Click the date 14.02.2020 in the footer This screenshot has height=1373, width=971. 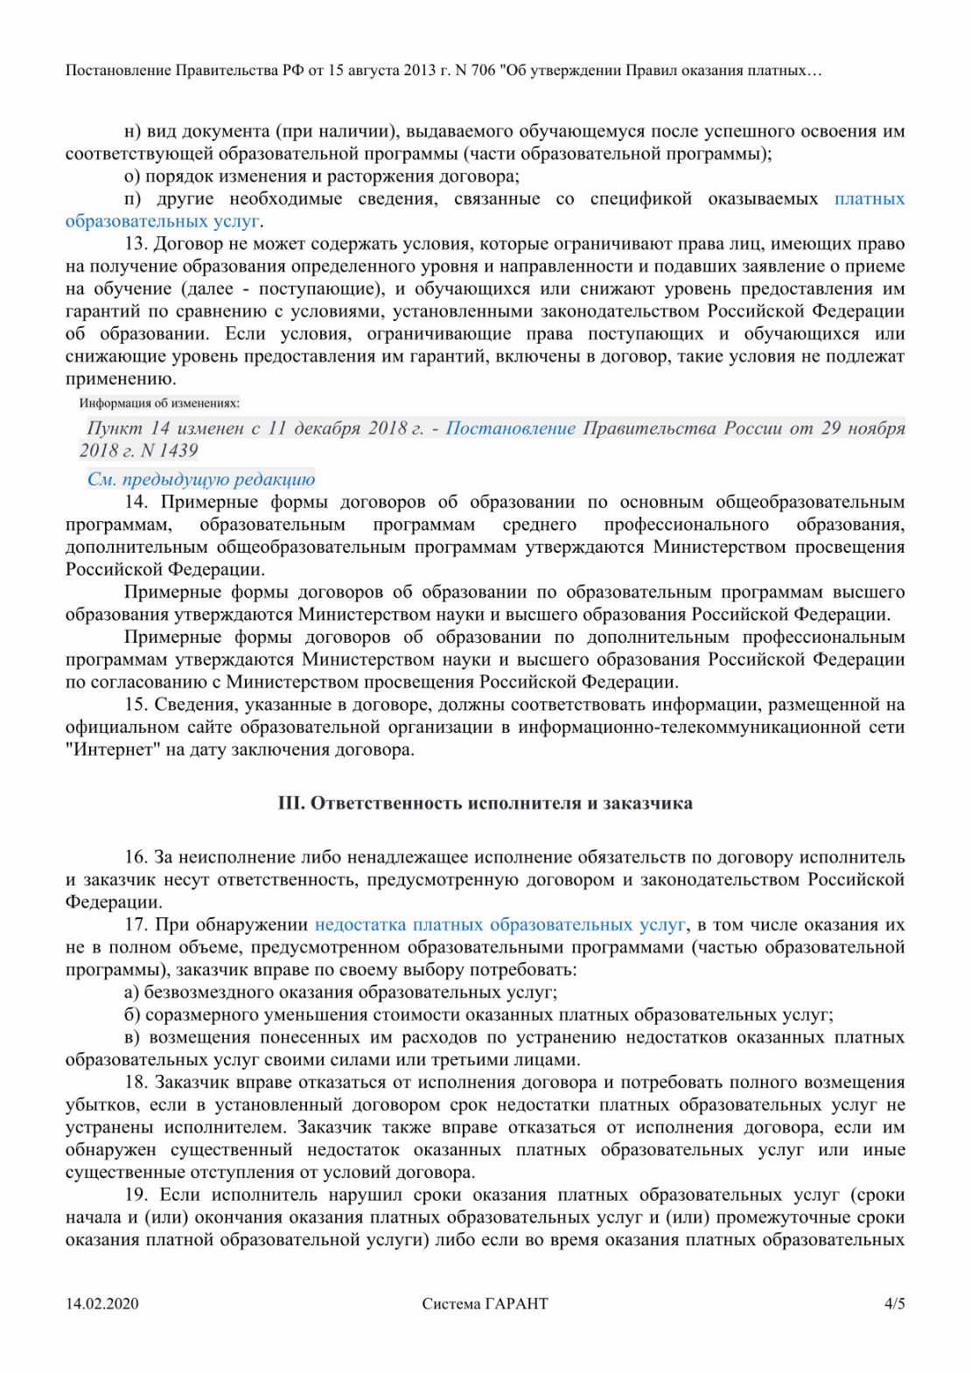101,1304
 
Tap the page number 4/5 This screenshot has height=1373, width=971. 894,1304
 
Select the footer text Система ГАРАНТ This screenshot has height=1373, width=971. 485,1304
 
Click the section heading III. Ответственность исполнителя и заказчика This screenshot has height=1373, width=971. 485,803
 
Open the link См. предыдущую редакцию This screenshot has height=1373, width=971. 200,479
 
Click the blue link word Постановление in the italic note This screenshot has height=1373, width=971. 510,429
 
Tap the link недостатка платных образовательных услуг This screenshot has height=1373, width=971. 499,924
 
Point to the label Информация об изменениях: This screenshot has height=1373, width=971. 159,403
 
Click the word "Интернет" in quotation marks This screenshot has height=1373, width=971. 111,749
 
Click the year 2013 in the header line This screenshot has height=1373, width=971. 420,71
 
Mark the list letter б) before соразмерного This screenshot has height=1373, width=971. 132,1015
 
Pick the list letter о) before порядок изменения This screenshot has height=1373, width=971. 132,177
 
